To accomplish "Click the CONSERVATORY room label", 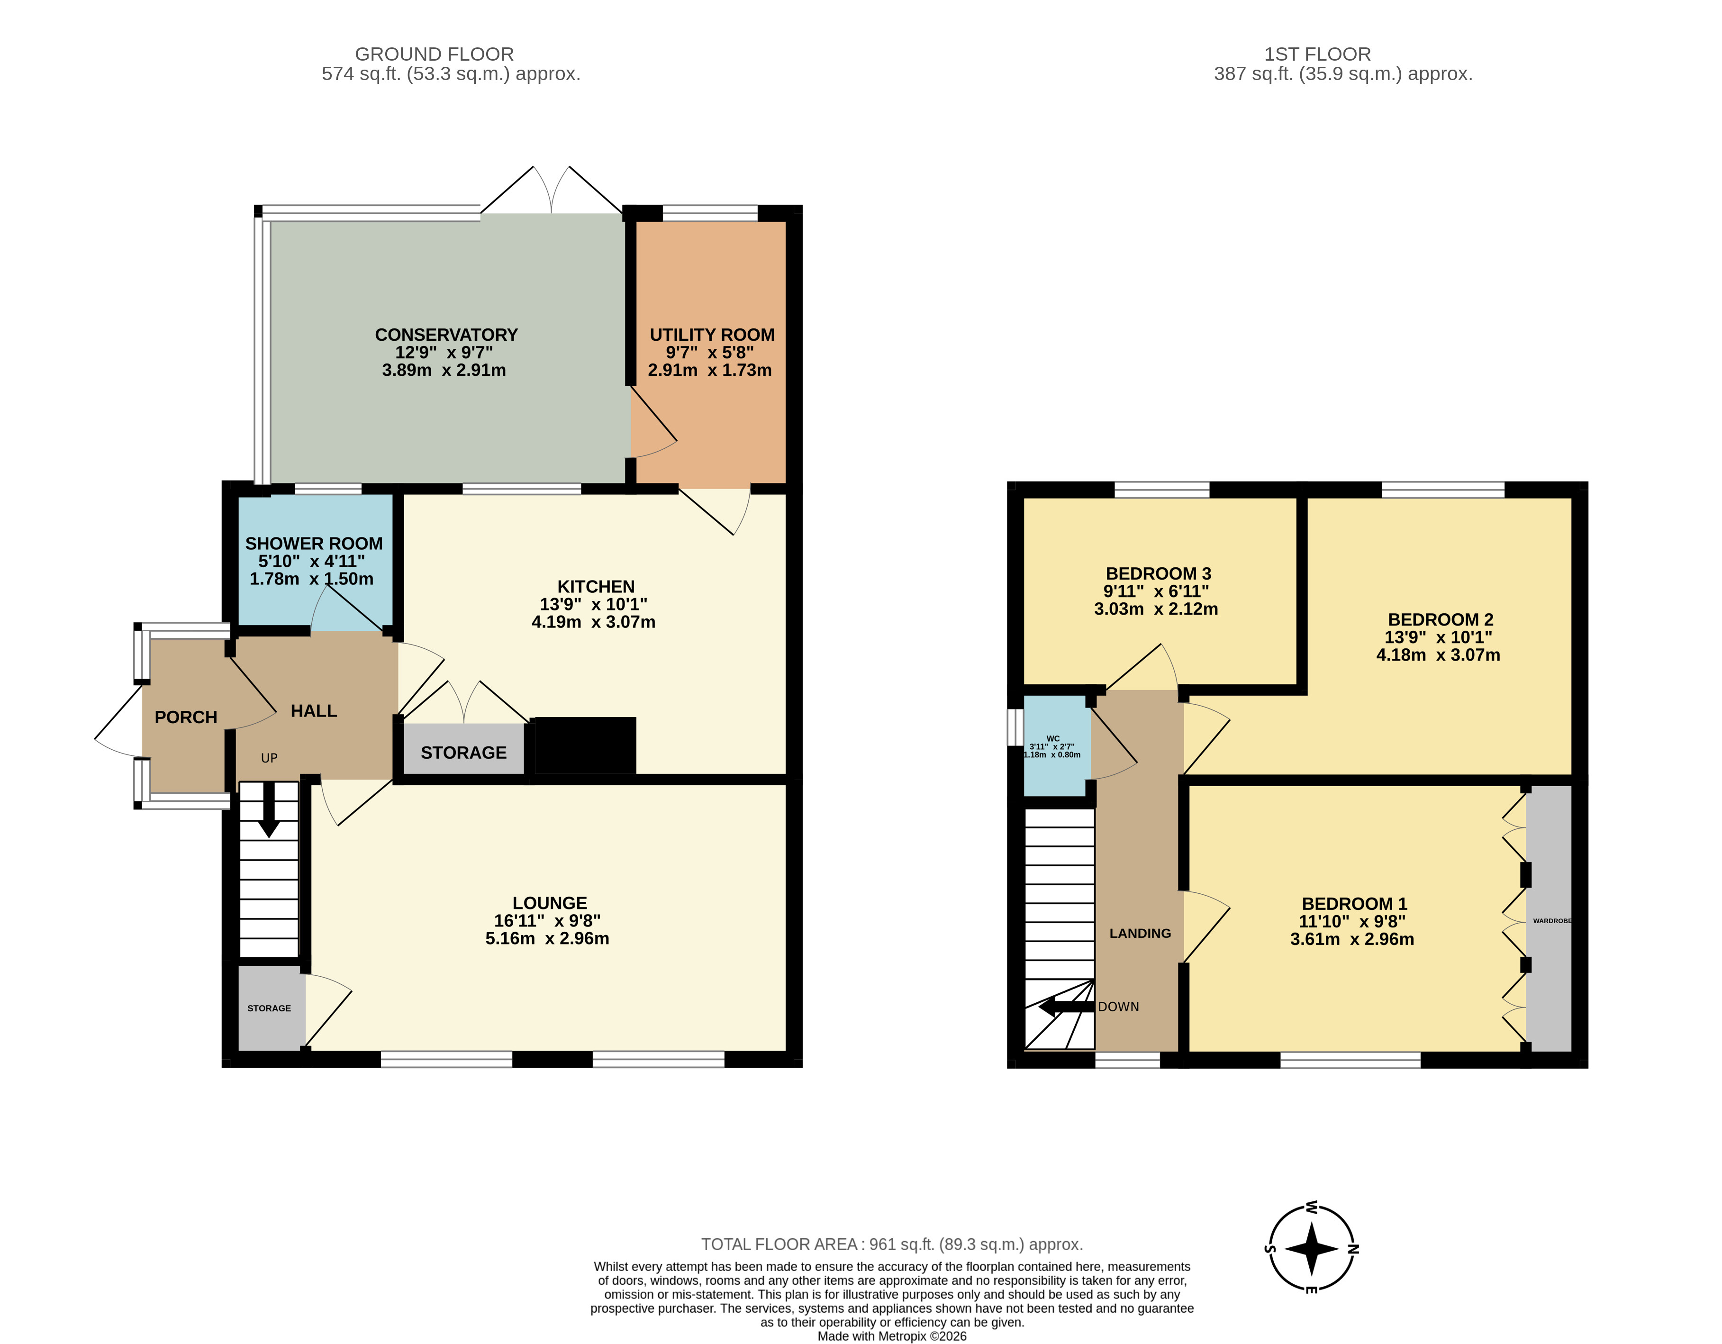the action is [446, 335].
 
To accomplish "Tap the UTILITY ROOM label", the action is [712, 335].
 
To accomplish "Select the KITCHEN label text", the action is [596, 586].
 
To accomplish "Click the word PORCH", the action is [186, 717].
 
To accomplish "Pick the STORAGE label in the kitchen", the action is [463, 753].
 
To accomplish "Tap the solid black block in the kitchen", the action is [585, 745].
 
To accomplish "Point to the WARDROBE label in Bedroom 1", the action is [1552, 920].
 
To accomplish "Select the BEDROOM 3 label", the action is [1158, 573].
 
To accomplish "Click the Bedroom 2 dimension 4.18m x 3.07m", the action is [1438, 654].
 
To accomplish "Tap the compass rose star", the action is [1312, 1249].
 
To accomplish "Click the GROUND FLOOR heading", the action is [435, 54].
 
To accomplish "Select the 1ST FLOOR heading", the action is [1317, 54].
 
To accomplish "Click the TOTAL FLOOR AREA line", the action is [892, 1244].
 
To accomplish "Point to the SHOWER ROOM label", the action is [314, 544].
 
